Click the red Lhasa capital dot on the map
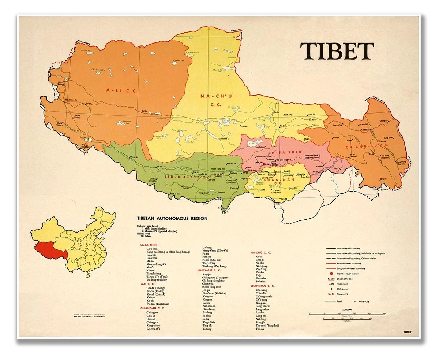(263, 164)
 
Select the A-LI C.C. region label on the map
(121, 90)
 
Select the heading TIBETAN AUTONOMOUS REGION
(172, 218)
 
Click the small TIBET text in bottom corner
(407, 332)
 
